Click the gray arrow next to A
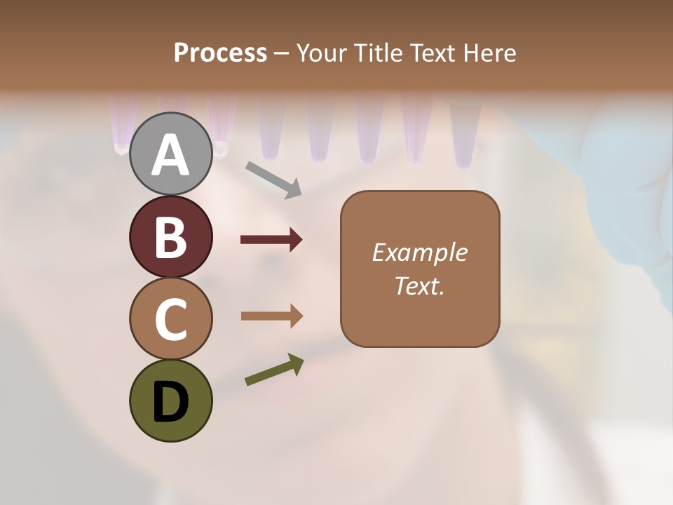(x=273, y=179)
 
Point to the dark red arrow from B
(x=271, y=240)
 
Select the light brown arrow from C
(x=271, y=316)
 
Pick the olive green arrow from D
(x=274, y=370)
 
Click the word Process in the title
(x=220, y=53)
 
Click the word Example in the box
(x=419, y=252)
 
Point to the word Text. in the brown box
(x=419, y=286)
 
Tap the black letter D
(x=170, y=402)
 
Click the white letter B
(x=170, y=237)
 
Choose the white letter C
(x=170, y=320)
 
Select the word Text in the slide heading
(x=433, y=53)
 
